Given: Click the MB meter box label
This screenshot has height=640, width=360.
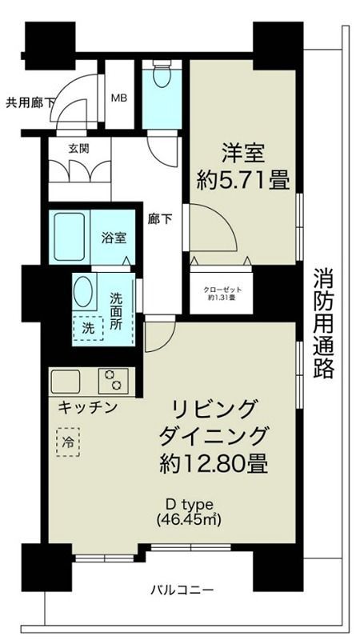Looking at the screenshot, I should point(118,98).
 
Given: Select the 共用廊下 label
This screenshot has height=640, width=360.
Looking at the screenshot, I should point(31,102).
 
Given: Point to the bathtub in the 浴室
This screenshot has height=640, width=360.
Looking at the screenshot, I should point(69,237).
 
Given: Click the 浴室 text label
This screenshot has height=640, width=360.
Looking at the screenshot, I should point(113,238).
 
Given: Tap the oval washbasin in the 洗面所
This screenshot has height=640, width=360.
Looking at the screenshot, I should point(84,293).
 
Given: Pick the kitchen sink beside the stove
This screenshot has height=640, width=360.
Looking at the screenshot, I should point(66,380).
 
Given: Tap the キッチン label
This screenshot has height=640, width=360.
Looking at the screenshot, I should point(87,407).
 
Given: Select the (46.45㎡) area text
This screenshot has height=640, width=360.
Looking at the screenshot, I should point(189,519).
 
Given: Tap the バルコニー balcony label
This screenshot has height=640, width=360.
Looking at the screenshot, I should point(182,590).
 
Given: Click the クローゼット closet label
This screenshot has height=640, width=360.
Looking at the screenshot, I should point(220,289).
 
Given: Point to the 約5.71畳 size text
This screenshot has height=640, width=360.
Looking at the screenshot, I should point(243,180).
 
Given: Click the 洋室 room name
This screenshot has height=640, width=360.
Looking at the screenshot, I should point(243,152).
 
